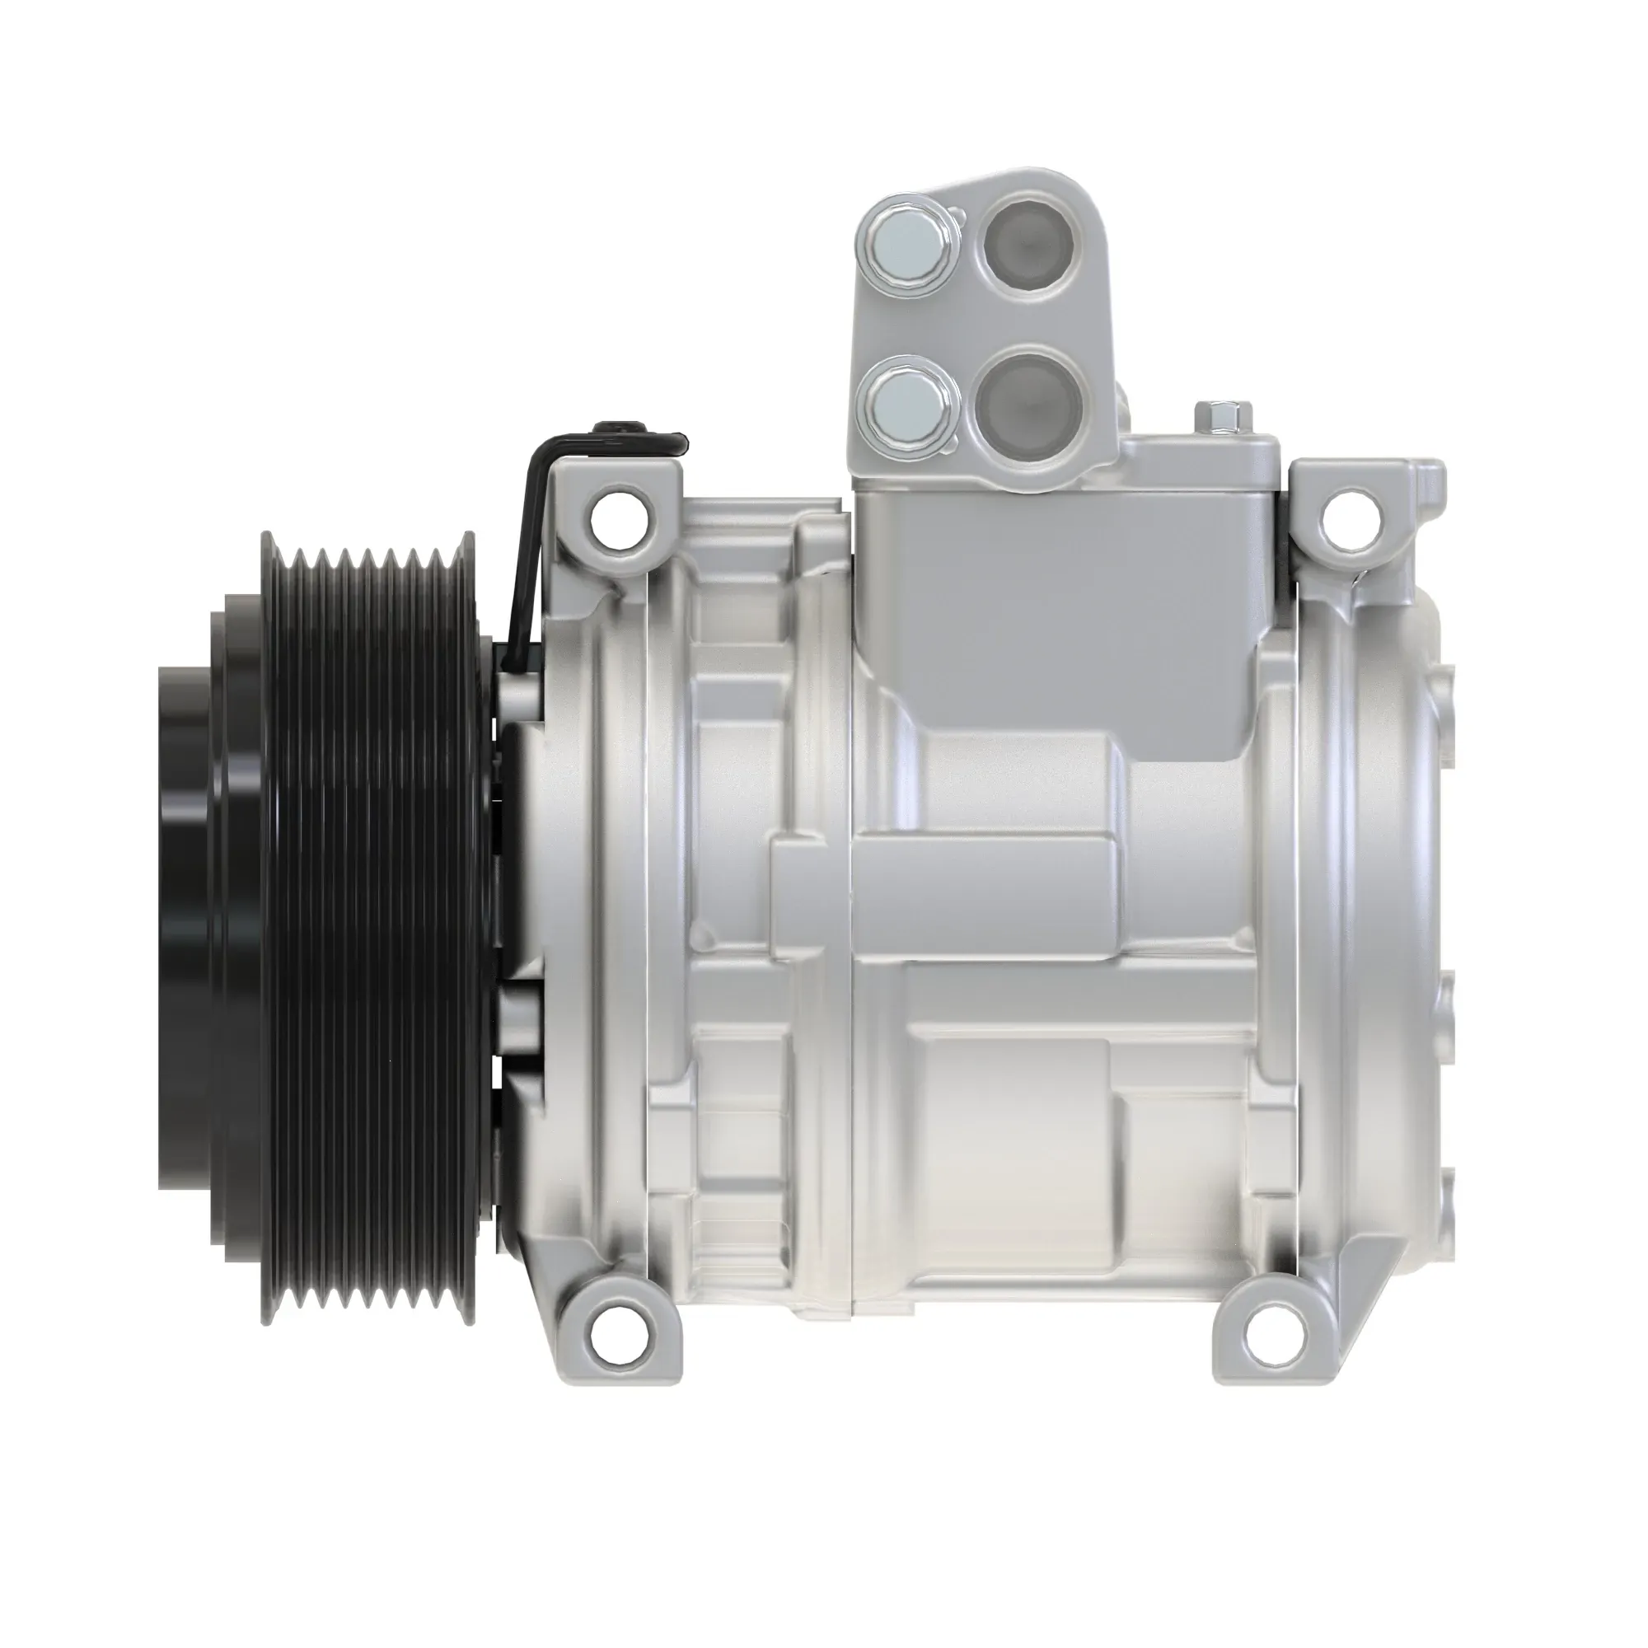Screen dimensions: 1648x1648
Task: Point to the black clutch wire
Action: tap(526, 546)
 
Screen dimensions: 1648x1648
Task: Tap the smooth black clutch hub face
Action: tap(184, 887)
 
